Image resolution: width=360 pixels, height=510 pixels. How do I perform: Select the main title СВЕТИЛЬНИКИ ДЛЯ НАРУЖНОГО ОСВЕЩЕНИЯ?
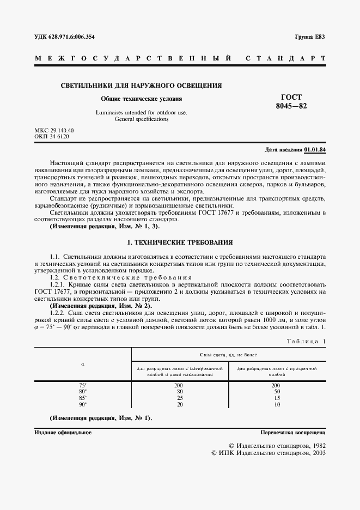coord(141,86)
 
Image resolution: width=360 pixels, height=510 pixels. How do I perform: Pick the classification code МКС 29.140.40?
coord(54,130)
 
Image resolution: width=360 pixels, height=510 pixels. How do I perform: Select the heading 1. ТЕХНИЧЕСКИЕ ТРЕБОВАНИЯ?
coord(180,241)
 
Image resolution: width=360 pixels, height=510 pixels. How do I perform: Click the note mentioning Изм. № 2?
coord(100,306)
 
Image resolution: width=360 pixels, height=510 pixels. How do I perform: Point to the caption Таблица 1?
coord(305,341)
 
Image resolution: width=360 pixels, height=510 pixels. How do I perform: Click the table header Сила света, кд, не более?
coord(229,354)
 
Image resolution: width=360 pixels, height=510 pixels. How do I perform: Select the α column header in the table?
coord(82,363)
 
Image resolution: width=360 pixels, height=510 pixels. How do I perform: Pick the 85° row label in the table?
coord(83,398)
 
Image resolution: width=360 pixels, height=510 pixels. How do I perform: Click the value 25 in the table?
coord(179,398)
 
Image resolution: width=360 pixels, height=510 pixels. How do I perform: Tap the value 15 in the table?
coord(277,398)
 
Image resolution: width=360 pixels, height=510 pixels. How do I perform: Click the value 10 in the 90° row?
coord(277,405)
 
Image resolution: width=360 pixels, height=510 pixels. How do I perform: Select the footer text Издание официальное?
coord(63,432)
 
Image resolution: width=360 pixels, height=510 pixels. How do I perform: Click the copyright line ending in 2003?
coord(268,453)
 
